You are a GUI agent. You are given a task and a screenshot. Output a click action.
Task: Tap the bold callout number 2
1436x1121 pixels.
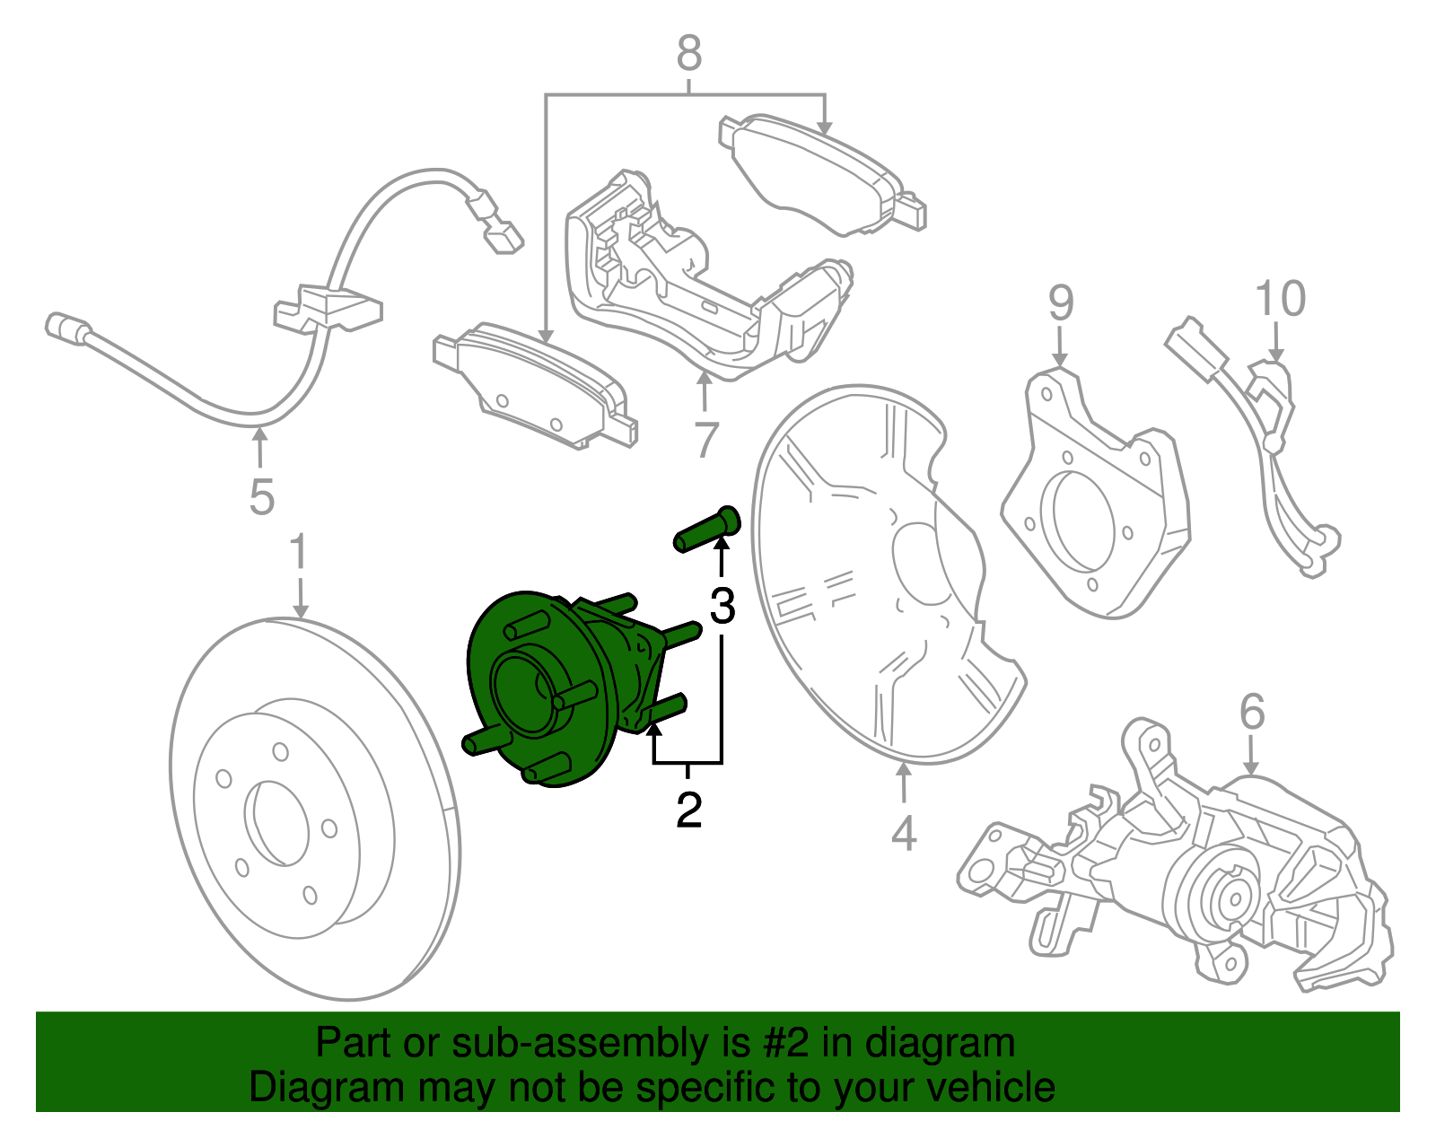point(688,810)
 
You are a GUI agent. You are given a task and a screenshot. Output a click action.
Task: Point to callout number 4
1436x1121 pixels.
point(904,833)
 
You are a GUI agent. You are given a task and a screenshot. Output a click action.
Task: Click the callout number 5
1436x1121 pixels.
point(261,496)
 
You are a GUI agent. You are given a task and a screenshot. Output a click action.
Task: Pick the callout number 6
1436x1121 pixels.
point(1252,714)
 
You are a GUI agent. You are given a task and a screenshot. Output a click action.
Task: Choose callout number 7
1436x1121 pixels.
point(706,440)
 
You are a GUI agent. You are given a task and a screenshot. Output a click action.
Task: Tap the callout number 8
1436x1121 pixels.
point(688,54)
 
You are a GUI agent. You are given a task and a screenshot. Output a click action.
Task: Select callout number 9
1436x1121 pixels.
point(1060,302)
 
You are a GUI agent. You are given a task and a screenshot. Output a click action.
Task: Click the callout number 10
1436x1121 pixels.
point(1280,299)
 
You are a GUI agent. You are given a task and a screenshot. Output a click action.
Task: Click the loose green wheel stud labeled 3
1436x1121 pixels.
point(706,530)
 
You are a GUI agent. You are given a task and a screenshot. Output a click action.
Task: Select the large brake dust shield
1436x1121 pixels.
point(880,574)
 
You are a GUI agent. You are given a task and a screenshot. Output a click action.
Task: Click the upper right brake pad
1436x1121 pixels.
point(821,175)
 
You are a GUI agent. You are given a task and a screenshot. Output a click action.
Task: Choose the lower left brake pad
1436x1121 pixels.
point(538,386)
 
